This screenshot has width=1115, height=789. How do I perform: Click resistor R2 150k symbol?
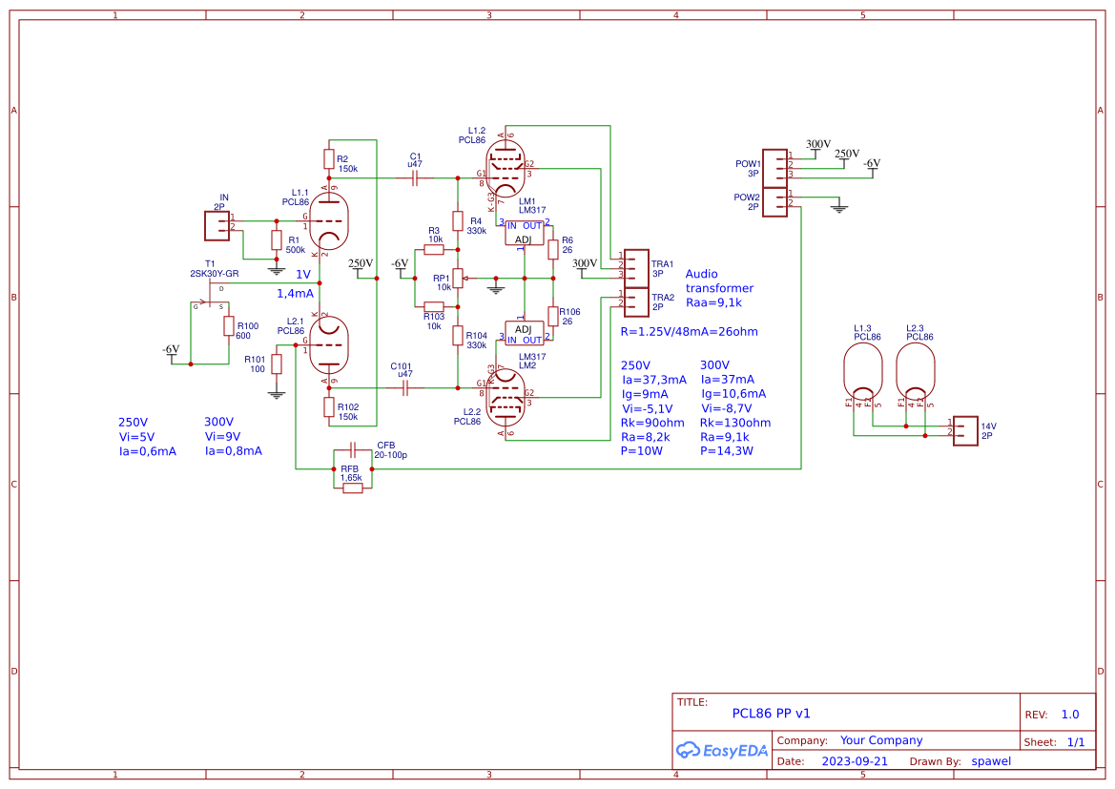pos(329,158)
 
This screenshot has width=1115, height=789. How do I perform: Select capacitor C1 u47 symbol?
pos(415,177)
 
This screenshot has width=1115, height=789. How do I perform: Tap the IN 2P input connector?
pos(217,225)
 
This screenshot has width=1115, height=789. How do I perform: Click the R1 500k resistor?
pos(277,240)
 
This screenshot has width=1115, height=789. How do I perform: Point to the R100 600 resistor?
pos(229,326)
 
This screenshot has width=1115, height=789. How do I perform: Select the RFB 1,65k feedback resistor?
pos(352,488)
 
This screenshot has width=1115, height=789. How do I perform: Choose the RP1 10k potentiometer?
pos(458,278)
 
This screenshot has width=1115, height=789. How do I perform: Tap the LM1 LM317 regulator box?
pos(524,233)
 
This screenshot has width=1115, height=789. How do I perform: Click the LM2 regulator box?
pos(524,333)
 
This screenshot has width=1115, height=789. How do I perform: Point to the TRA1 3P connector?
pos(635,264)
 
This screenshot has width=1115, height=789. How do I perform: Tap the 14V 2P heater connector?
pos(965,428)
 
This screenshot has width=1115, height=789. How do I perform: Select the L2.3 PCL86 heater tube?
pos(916,374)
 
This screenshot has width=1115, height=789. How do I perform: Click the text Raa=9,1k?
pos(713,302)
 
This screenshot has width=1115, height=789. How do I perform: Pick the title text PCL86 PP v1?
pos(771,713)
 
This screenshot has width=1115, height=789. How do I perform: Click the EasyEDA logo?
pos(721,751)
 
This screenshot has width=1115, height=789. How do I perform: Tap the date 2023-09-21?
pos(855,761)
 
